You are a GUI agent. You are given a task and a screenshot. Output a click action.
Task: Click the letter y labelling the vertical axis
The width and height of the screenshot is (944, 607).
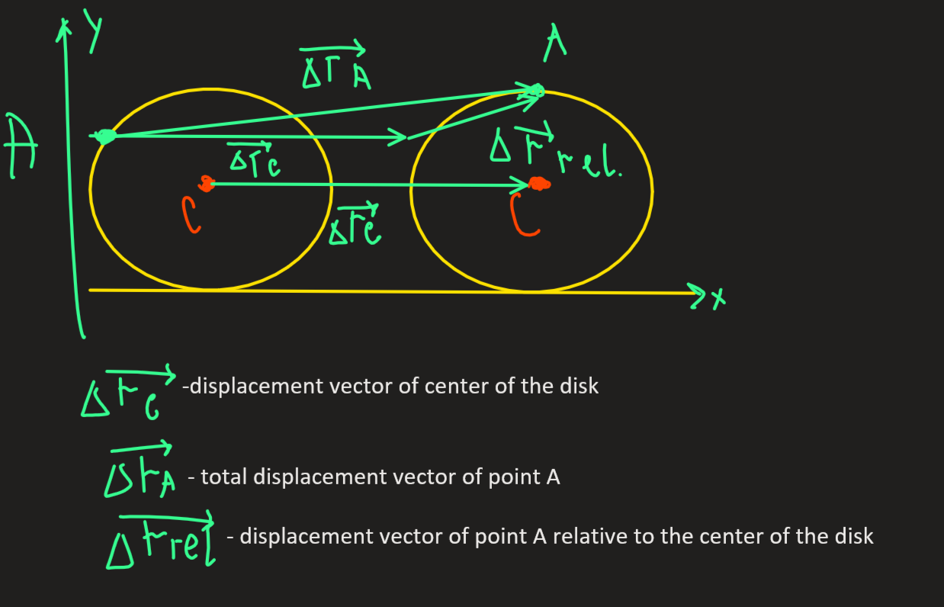pyautogui.click(x=94, y=31)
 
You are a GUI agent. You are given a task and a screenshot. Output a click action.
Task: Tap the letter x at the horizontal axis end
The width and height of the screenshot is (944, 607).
pyautogui.click(x=719, y=299)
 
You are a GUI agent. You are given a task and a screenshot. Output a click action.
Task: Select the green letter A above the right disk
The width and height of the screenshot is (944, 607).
pyautogui.click(x=554, y=43)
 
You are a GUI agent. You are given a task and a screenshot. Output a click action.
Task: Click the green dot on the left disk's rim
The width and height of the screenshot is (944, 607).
pyautogui.click(x=105, y=136)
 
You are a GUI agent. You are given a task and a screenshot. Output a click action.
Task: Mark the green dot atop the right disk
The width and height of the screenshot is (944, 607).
pyautogui.click(x=537, y=91)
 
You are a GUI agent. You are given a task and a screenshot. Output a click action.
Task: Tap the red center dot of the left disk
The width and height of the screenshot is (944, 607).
pyautogui.click(x=207, y=184)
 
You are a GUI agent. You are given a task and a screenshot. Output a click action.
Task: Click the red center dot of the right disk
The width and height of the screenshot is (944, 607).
pyautogui.click(x=539, y=185)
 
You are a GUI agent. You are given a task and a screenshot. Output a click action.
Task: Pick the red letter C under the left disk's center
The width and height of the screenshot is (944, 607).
pyautogui.click(x=191, y=215)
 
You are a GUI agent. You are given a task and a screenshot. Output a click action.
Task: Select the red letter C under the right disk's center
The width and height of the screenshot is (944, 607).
pyautogui.click(x=523, y=214)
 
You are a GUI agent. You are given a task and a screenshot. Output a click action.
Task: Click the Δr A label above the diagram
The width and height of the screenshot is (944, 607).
pyautogui.click(x=335, y=65)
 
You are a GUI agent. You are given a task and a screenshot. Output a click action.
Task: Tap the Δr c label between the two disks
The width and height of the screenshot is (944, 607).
pyautogui.click(x=355, y=224)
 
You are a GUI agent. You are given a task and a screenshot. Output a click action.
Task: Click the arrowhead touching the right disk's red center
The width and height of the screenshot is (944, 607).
pyautogui.click(x=520, y=185)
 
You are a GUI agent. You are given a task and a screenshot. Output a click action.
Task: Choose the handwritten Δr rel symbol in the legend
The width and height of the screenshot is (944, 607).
pyautogui.click(x=161, y=540)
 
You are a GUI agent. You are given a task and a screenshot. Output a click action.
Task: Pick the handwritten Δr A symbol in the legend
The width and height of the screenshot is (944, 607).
pyautogui.click(x=140, y=470)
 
